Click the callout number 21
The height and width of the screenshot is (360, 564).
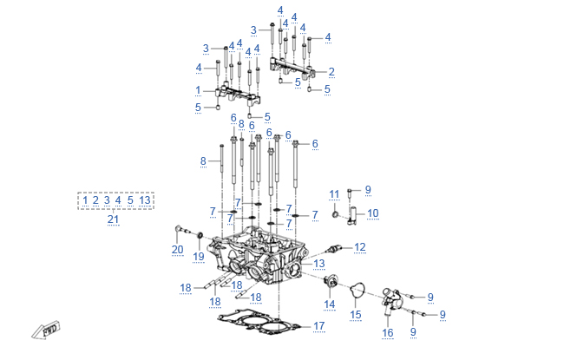tap(113, 220)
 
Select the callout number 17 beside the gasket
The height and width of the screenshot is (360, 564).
tap(318, 326)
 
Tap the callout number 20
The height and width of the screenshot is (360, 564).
tap(177, 250)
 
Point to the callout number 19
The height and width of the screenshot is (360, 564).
tap(198, 256)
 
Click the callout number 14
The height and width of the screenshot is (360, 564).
tap(329, 304)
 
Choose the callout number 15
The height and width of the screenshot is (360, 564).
tap(356, 313)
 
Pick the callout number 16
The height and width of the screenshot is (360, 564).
tap(388, 332)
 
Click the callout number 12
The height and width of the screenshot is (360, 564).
tap(359, 247)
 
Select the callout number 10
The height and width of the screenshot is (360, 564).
tap(372, 213)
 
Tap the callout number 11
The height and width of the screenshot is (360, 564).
tap(334, 193)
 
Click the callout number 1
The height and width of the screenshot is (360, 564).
tap(198, 90)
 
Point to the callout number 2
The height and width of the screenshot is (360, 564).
tap(331, 71)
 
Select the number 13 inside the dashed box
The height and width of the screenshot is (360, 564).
tap(145, 200)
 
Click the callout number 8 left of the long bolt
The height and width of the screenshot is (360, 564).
tap(203, 161)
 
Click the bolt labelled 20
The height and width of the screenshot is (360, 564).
tap(180, 231)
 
